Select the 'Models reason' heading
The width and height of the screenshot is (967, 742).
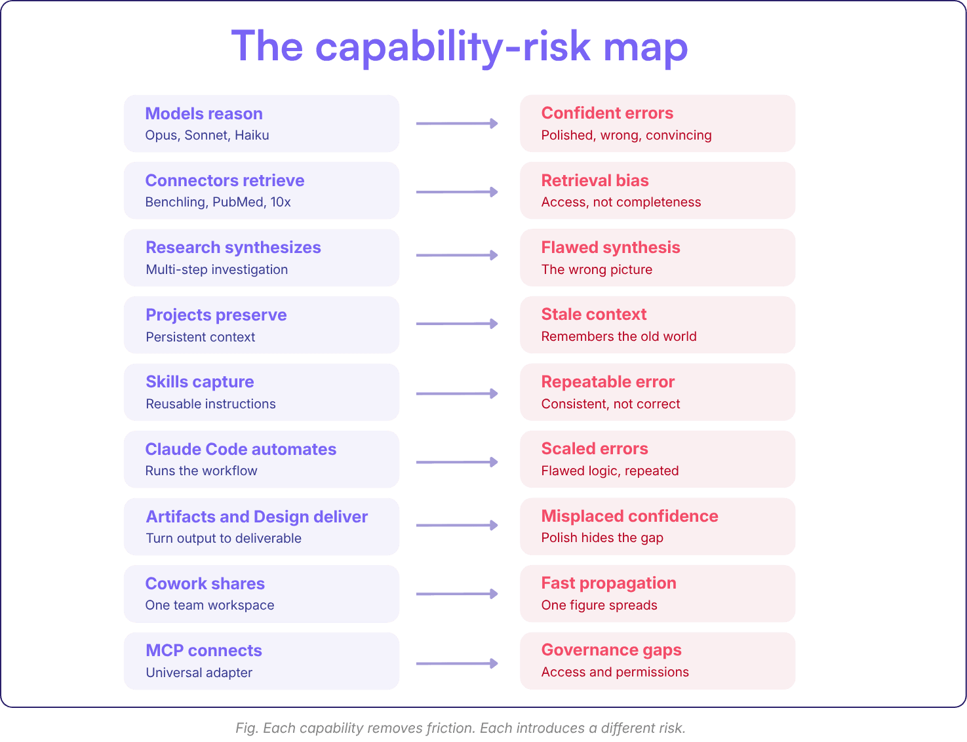[x=204, y=113]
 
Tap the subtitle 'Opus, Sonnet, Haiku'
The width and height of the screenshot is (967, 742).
[x=207, y=135]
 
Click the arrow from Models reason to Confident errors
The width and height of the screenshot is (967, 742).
[x=457, y=123]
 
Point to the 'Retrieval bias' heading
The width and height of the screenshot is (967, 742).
[x=595, y=180]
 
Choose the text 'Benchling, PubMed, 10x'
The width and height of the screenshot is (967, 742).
[x=218, y=202]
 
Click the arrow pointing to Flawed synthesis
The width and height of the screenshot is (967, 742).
[x=457, y=255]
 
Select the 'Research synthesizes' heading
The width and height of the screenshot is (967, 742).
[x=233, y=247]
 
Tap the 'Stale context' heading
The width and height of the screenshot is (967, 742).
[x=593, y=314]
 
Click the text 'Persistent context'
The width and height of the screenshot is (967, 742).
[x=200, y=337]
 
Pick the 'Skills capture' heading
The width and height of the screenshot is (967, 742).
[x=200, y=381]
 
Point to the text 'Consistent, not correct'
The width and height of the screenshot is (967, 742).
[x=610, y=404]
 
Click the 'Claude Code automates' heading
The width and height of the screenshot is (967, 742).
[x=241, y=449]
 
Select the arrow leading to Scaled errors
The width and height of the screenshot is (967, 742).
[x=457, y=461]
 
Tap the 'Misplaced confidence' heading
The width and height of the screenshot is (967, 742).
[x=629, y=516]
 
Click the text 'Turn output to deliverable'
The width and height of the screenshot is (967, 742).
[x=224, y=537]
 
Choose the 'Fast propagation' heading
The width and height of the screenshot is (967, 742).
[x=609, y=583]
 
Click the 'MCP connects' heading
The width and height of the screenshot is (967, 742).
[x=204, y=650]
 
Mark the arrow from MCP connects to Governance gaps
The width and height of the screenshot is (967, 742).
[x=457, y=663]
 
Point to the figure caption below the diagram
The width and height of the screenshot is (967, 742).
[x=460, y=728]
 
